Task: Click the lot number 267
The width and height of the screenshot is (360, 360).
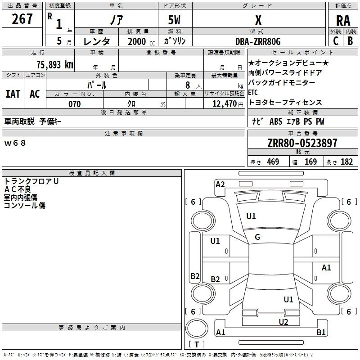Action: pos(22,19)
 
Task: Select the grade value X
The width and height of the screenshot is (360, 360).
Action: pos(258,20)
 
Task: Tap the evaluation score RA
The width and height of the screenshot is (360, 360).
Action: pos(343,21)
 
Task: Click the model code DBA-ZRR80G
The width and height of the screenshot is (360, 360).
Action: pos(258,41)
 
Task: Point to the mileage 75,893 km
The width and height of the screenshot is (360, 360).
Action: pos(53,64)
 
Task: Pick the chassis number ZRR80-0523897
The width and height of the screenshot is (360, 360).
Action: pos(302,143)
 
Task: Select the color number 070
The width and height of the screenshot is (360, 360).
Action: pos(74,104)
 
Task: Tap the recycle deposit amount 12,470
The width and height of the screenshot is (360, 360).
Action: pos(224,104)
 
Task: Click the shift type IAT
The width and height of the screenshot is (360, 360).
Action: pos(13,94)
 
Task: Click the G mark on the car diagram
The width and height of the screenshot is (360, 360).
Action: pos(257,237)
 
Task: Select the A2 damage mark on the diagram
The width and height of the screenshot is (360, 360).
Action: pos(220,184)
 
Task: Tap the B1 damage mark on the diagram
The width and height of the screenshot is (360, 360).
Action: pos(321,333)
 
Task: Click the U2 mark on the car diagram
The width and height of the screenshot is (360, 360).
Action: pos(283,321)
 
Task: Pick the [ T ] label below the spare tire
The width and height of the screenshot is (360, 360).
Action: pos(196,345)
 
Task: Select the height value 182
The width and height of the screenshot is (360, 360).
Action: pos(346,162)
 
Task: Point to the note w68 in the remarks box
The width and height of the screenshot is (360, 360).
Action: pos(15,143)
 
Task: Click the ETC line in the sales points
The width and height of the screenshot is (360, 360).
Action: pos(253,93)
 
